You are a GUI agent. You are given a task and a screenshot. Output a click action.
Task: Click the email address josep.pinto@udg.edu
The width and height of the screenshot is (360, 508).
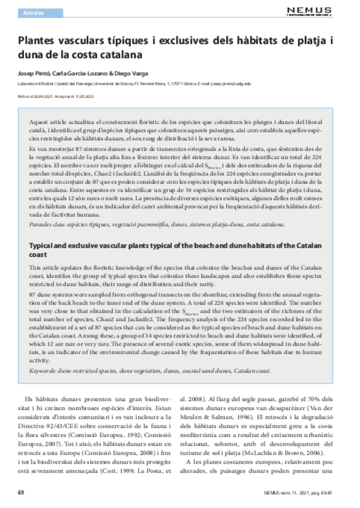pos(231,84)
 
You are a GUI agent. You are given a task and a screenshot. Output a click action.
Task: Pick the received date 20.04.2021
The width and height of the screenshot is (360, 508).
pos(44,96)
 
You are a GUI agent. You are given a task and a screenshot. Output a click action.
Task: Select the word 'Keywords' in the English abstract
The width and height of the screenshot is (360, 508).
pos(43,371)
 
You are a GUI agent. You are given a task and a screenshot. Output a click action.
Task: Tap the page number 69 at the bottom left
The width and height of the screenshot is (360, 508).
pos(22,492)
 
